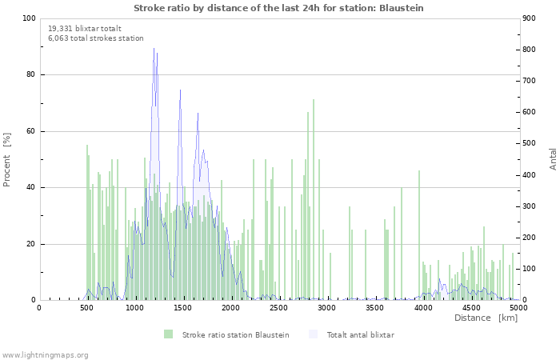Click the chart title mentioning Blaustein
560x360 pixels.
278,8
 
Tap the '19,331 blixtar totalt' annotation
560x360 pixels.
85,29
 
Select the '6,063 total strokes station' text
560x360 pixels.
96,38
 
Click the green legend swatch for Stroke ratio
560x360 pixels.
168,334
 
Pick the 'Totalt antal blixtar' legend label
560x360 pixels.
360,335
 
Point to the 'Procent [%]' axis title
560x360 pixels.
6,160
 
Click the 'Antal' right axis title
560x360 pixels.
553,159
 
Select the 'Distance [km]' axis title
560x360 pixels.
486,318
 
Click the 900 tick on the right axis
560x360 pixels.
529,18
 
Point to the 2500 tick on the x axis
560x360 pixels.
278,307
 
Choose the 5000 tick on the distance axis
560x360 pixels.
518,307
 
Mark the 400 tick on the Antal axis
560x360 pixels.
529,175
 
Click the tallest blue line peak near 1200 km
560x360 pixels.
154,48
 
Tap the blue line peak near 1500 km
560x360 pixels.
180,90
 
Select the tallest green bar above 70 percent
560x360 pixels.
314,200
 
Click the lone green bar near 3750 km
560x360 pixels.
402,243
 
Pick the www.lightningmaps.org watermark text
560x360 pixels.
45,355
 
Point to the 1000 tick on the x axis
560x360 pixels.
134,307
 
